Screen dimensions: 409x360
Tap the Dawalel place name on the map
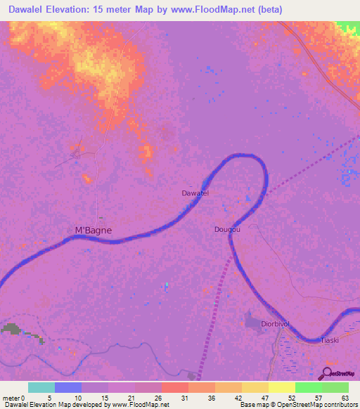click(x=195, y=193)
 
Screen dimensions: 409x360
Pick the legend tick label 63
click(x=345, y=398)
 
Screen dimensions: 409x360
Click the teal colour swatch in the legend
click(x=41, y=387)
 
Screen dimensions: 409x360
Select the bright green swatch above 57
click(x=309, y=387)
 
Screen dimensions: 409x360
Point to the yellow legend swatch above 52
click(x=282, y=387)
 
